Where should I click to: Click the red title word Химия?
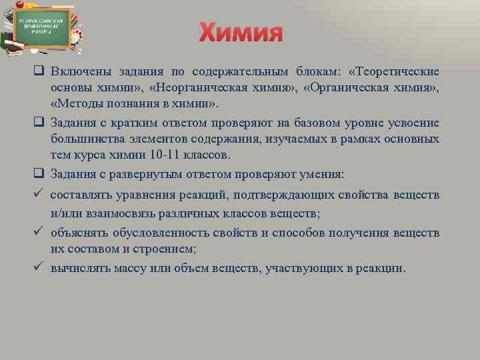coord(241,32)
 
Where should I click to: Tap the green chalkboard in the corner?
coord(44,27)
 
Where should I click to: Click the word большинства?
coord(87,139)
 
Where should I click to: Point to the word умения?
coord(321,174)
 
